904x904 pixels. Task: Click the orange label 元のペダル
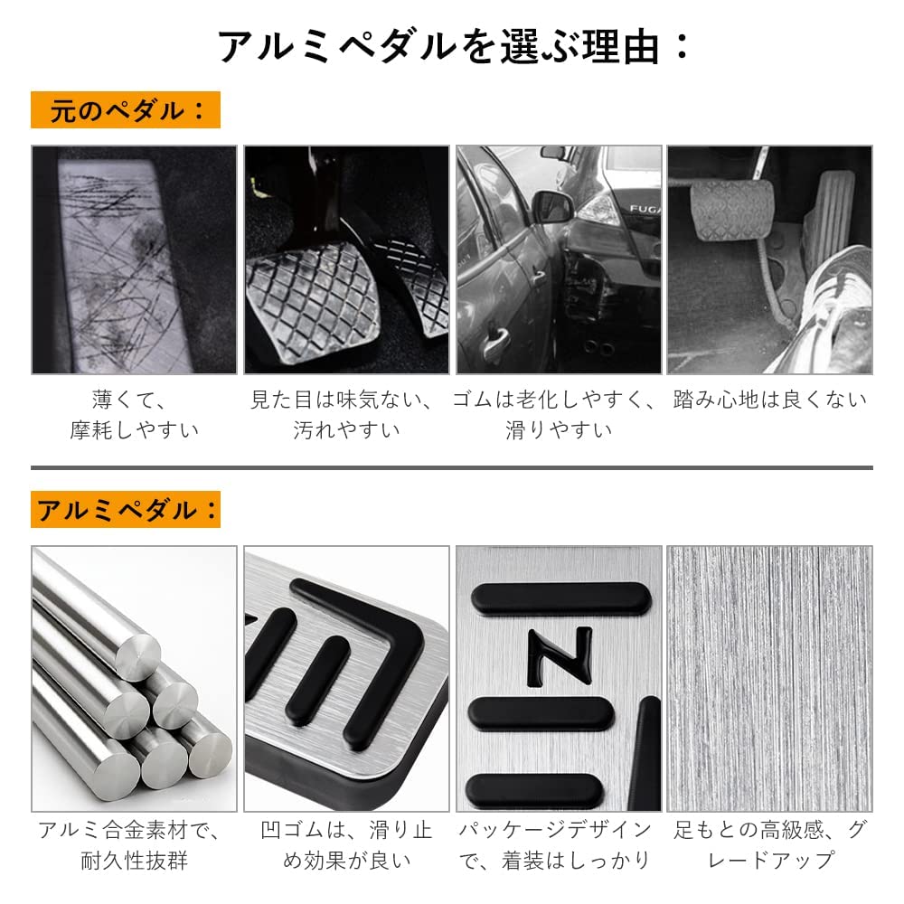[x=126, y=109]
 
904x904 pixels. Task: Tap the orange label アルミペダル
[x=126, y=510]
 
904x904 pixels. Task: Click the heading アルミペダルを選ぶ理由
[x=453, y=46]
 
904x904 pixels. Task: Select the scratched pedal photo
[x=135, y=259]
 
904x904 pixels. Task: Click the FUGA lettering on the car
[x=645, y=209]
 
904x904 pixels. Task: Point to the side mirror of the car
[x=552, y=206]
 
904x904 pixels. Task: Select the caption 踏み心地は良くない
[x=769, y=400]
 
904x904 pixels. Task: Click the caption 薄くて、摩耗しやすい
[x=135, y=415]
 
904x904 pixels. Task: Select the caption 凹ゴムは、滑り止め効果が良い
[x=346, y=845]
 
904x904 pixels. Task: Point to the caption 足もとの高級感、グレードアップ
[x=769, y=845]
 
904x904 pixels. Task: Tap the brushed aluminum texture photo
[x=769, y=679]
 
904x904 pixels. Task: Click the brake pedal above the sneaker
[x=731, y=210]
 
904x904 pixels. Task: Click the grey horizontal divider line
[x=452, y=467]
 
